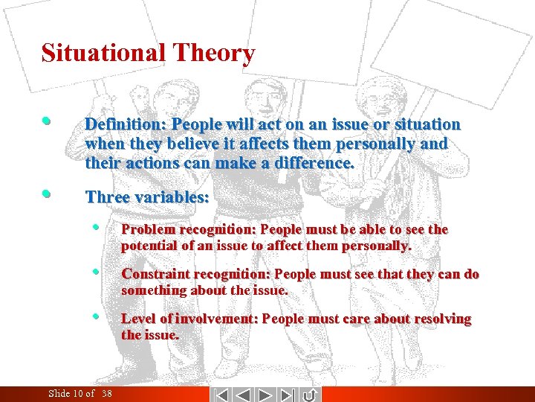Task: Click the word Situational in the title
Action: pyautogui.click(x=103, y=54)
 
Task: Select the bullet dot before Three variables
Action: pyautogui.click(x=47, y=194)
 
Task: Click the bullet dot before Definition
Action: pyautogui.click(x=47, y=120)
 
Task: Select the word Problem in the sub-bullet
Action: pyautogui.click(x=147, y=229)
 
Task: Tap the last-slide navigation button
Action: pyautogui.click(x=289, y=394)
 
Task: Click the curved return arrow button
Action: pyautogui.click(x=311, y=394)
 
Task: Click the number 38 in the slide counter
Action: pyautogui.click(x=107, y=394)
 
